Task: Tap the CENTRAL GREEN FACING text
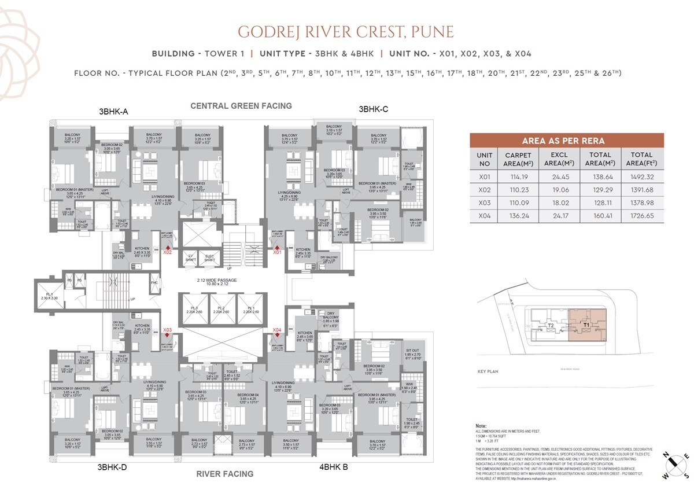tap(241, 106)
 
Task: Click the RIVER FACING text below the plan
tap(224, 474)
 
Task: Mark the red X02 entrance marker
tap(168, 249)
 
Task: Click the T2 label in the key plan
tap(551, 326)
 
